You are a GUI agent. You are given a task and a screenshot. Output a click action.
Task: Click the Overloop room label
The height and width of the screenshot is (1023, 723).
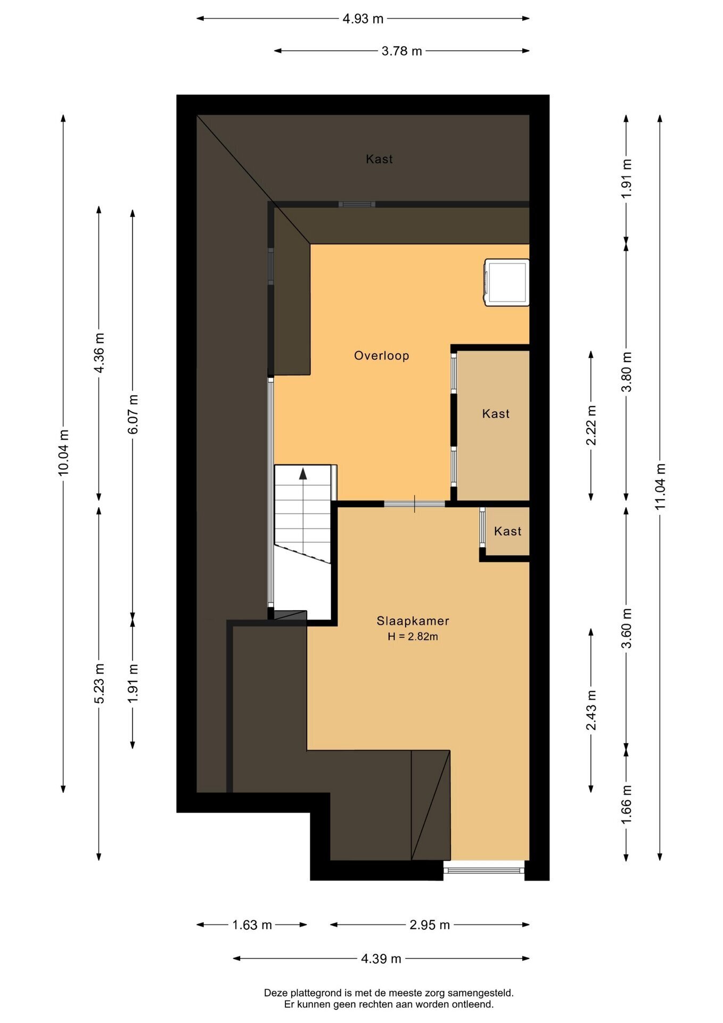(381, 355)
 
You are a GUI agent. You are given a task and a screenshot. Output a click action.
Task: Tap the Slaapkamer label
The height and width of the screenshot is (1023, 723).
(413, 621)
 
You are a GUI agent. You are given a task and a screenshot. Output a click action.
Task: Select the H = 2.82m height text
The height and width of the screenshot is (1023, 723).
(413, 636)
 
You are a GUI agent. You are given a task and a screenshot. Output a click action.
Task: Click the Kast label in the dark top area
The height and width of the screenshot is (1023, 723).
(379, 159)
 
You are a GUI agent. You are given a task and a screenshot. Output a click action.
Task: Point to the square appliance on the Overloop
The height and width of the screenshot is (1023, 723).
(506, 282)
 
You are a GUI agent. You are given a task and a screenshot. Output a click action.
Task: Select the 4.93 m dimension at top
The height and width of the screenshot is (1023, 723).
(363, 19)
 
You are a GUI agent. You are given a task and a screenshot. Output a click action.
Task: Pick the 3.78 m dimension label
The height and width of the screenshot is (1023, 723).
(401, 51)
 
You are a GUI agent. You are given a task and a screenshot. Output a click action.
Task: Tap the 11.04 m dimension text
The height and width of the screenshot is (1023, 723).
(660, 486)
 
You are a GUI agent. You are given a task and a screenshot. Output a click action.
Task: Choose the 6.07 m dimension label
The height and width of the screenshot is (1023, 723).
(133, 414)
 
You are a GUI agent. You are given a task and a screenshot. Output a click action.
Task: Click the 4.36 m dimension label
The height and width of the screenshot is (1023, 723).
(99, 354)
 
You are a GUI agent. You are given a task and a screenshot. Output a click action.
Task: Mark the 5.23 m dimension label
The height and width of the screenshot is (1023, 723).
(99, 684)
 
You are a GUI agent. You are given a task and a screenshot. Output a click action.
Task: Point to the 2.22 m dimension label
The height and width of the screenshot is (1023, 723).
(591, 425)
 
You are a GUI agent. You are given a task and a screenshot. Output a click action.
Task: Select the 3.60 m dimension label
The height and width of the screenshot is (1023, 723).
(627, 628)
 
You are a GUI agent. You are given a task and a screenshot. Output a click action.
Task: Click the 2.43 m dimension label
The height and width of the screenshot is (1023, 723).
(591, 710)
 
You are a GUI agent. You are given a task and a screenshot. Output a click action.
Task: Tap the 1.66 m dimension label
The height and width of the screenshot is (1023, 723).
(627, 804)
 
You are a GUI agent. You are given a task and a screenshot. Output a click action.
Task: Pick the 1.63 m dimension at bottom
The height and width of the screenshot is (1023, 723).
(252, 925)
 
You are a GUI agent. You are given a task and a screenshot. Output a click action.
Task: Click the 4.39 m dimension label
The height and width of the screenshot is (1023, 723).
(381, 959)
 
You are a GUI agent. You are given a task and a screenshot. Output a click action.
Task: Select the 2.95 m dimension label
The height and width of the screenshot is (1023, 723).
(430, 925)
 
